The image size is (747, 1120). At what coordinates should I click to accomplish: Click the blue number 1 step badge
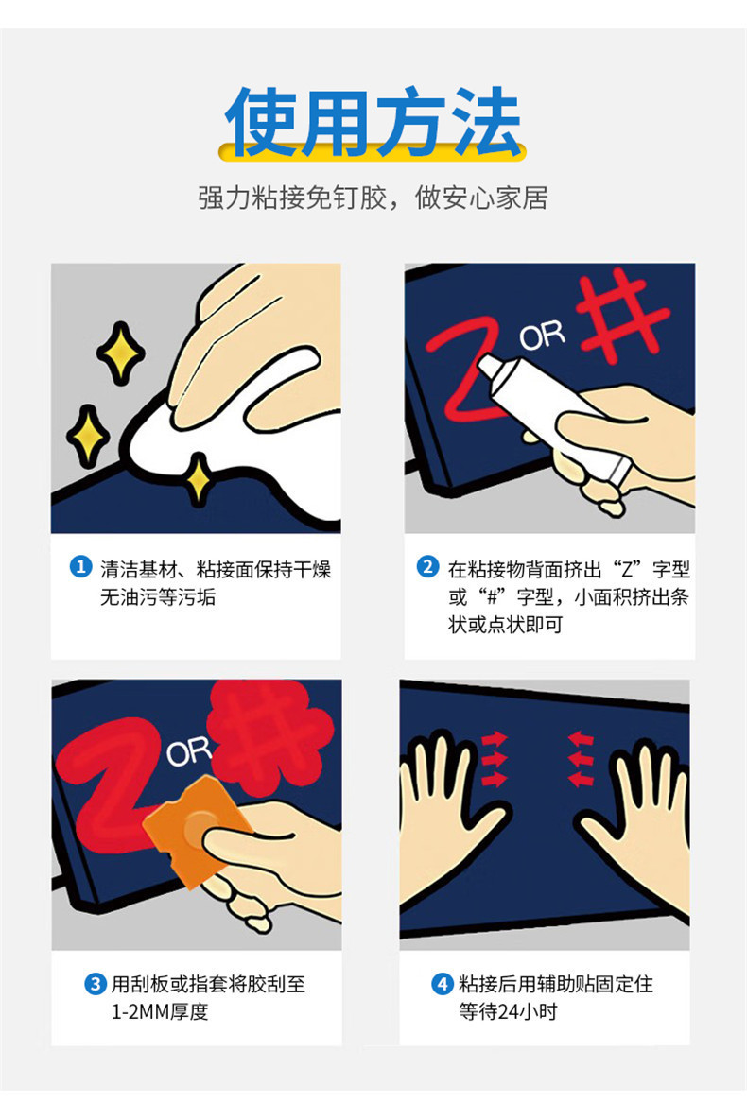click(80, 568)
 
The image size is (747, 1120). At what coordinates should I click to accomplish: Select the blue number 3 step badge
click(96, 984)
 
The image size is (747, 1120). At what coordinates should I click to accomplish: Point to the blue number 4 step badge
click(442, 984)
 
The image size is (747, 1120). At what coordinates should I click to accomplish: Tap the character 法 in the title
click(485, 121)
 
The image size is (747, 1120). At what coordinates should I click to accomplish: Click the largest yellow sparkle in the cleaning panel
click(120, 353)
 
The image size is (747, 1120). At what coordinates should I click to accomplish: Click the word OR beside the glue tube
click(542, 335)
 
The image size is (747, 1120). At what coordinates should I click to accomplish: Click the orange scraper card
click(197, 829)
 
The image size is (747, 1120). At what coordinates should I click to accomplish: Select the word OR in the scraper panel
click(189, 751)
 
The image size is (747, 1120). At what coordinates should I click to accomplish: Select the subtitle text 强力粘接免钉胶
click(291, 198)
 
